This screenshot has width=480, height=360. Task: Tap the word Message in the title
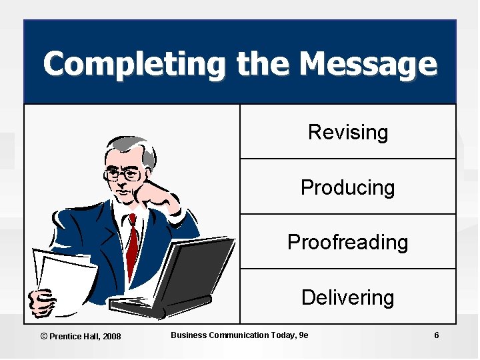[x=368, y=65]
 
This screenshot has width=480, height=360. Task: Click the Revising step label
[x=347, y=132]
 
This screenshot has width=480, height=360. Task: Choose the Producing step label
[x=347, y=187]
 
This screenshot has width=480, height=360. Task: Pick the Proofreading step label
[x=347, y=242]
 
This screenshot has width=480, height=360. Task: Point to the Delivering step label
[x=347, y=297]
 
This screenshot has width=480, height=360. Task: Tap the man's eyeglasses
[x=125, y=175]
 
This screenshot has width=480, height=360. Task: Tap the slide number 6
[x=436, y=335]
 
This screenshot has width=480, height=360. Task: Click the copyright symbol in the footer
[x=44, y=336]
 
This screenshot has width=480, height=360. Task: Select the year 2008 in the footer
[x=111, y=336]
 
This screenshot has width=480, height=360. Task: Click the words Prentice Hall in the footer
[x=74, y=336]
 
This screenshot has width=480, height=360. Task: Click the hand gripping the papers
[x=41, y=303]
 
